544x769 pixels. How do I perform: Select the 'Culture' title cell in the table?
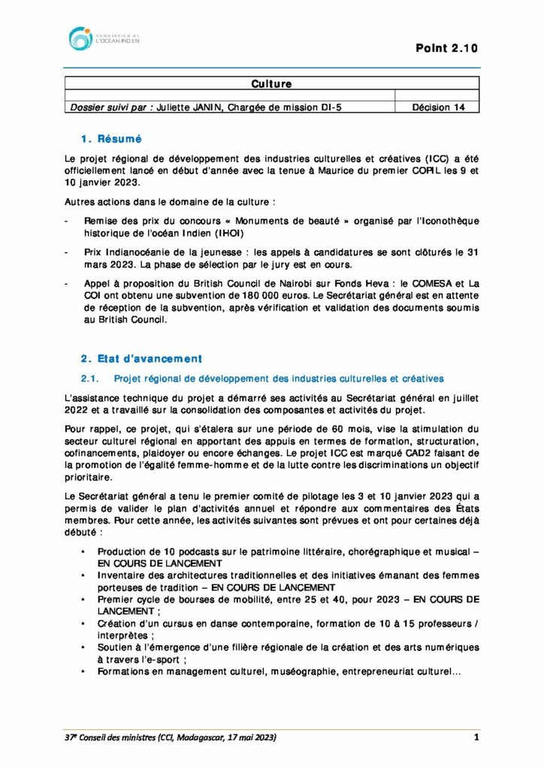pyautogui.click(x=271, y=84)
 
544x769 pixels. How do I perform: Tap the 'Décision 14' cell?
pyautogui.click(x=438, y=107)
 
